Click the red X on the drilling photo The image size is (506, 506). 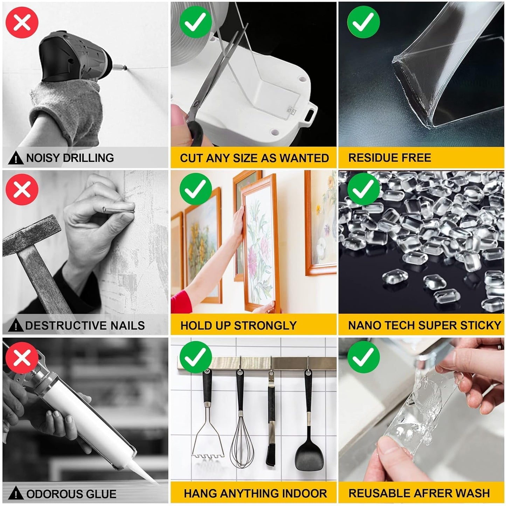(22, 22)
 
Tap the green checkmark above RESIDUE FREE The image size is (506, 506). (363, 22)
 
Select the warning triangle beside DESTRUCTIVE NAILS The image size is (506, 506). (15, 326)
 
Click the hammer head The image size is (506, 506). (32, 233)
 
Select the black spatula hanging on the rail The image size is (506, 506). (307, 452)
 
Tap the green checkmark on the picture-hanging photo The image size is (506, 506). (196, 189)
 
